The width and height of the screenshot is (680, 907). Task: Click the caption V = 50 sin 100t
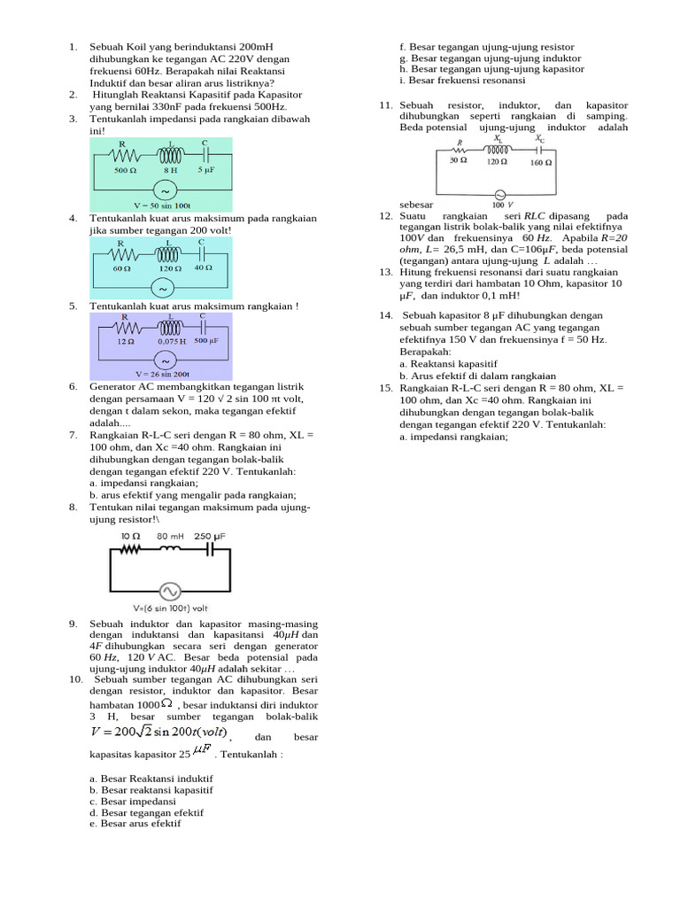tap(160, 205)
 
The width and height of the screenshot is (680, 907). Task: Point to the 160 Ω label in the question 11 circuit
tap(541, 162)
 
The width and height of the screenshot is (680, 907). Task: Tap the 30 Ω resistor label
tap(458, 161)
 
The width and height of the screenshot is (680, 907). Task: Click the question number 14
tap(385, 315)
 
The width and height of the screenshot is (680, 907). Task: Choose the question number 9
tap(73, 624)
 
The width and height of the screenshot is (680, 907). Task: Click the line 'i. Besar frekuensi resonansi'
tap(462, 81)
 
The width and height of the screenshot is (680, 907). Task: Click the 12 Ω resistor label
tap(125, 341)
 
